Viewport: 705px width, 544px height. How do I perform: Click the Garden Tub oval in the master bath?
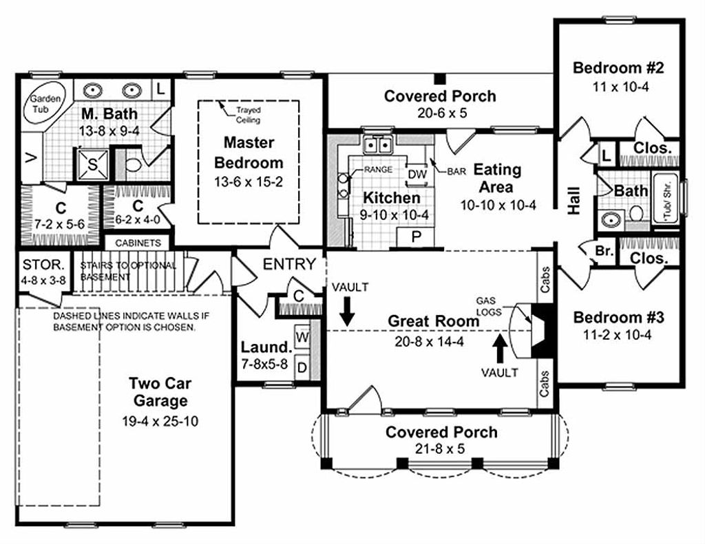pos(45,104)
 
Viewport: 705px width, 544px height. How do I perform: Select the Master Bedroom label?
pos(249,153)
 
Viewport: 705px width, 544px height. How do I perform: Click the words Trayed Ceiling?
pos(248,114)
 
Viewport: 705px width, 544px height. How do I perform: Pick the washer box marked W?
pos(302,338)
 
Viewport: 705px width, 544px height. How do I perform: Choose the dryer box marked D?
pos(302,367)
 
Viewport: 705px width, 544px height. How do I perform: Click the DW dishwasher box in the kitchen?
pos(417,175)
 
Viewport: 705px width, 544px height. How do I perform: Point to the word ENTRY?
pos(290,264)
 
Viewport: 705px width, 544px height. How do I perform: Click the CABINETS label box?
pos(138,243)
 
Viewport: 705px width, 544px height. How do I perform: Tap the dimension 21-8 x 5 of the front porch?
pos(441,448)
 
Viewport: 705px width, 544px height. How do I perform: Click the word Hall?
pos(574,199)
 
